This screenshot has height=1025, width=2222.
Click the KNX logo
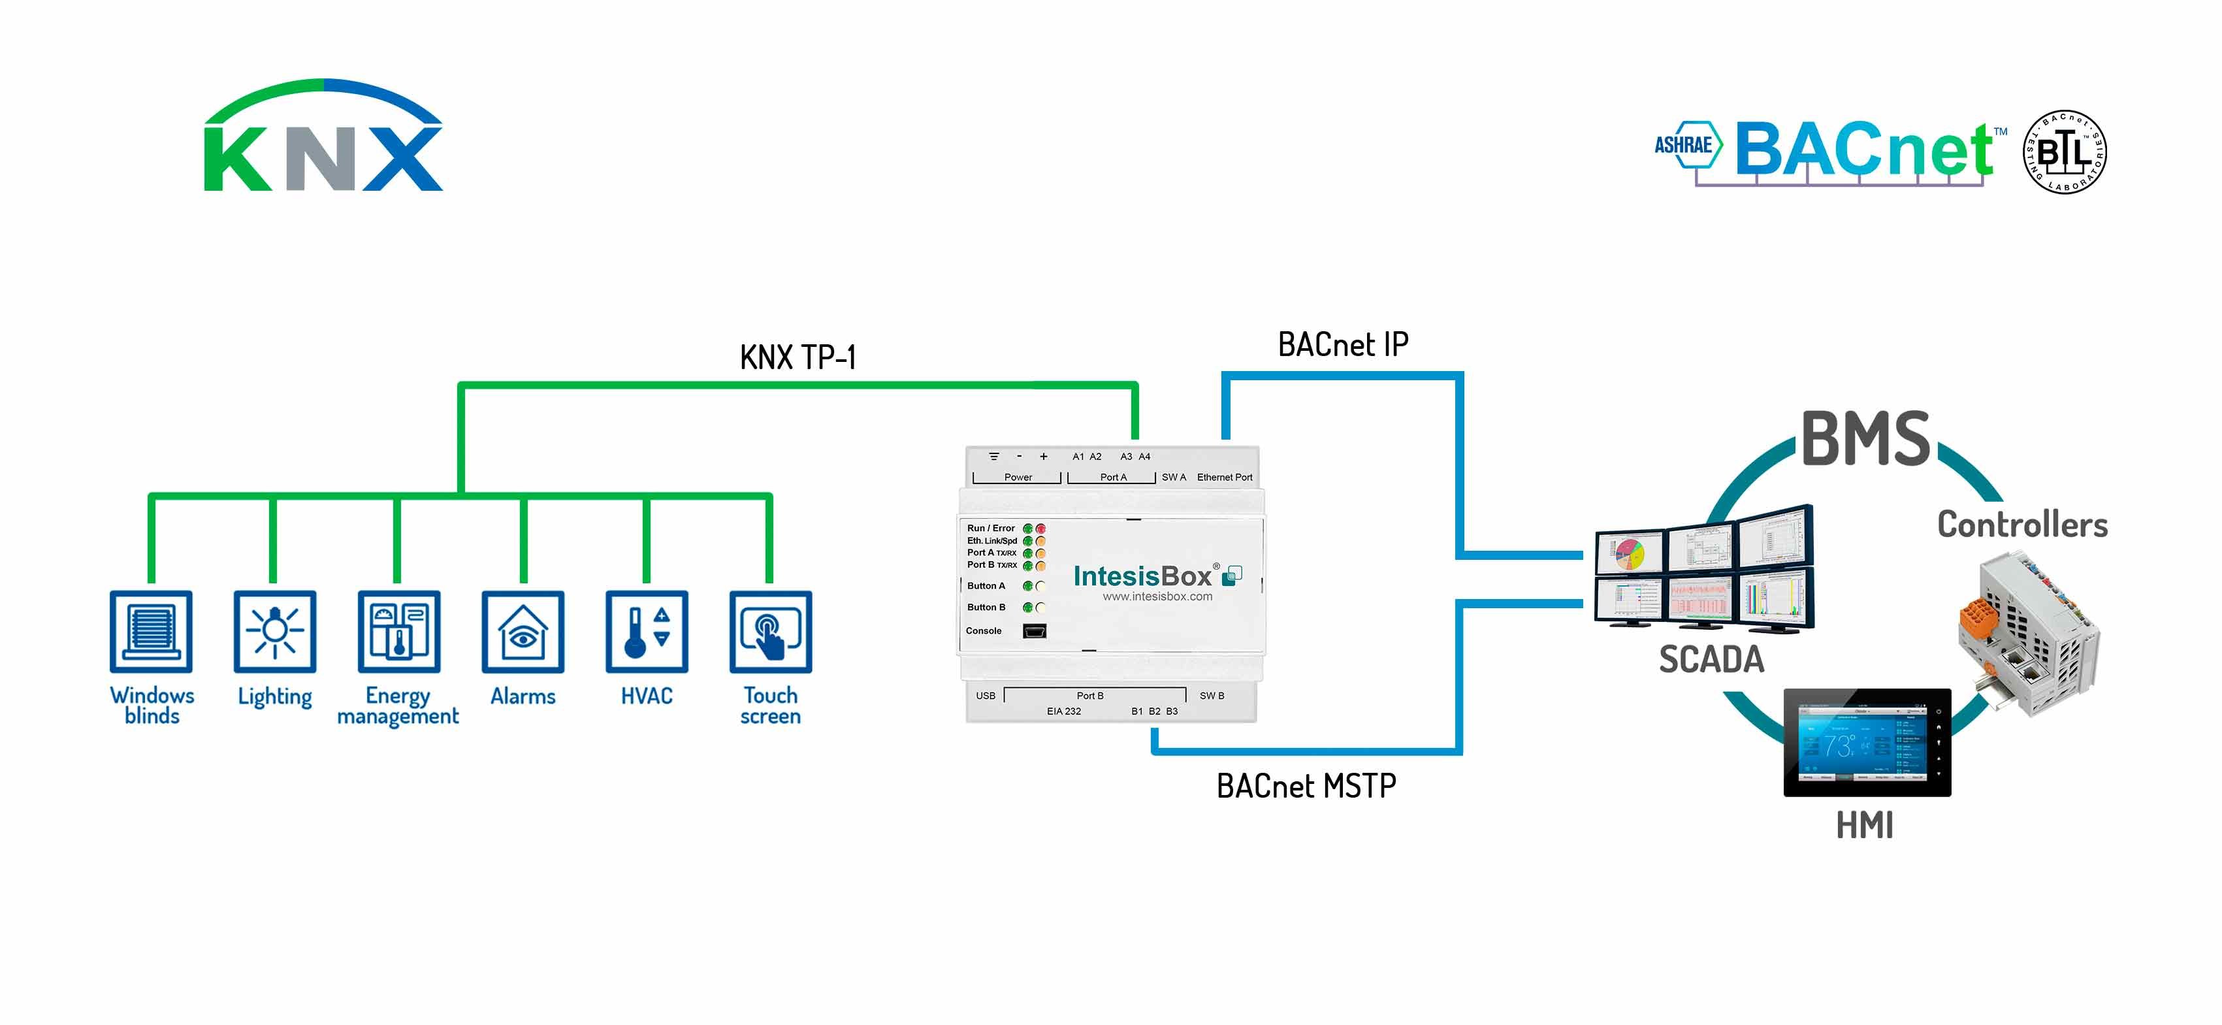pos(323,138)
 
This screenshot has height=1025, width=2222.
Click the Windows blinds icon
pos(151,632)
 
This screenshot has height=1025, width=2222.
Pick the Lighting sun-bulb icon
pos(274,632)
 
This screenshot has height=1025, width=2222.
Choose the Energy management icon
pos(398,632)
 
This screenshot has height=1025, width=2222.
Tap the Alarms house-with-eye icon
pos(523,632)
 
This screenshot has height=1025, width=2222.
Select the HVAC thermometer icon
pos(647,632)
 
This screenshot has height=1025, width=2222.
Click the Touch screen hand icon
pos(770,632)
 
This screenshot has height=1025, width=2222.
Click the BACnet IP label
pos(1343,345)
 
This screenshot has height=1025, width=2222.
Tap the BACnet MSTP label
pos(1306,786)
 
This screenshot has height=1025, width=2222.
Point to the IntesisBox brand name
pos(1142,576)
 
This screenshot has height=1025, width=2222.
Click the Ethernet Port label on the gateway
pos(1224,477)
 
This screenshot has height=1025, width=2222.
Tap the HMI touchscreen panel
pos(1866,743)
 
